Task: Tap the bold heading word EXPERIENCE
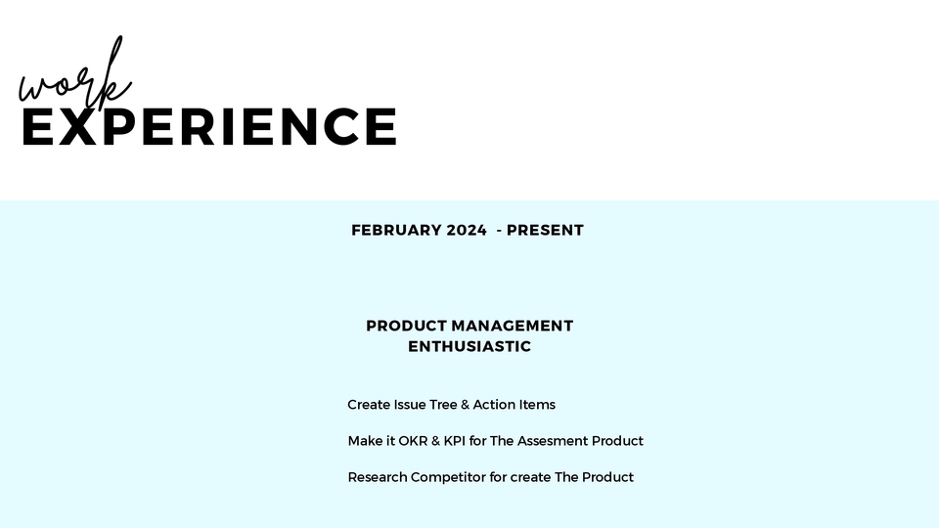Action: (x=209, y=126)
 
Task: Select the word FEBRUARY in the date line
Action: (x=396, y=231)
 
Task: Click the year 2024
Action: (x=467, y=231)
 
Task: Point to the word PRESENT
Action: (x=545, y=231)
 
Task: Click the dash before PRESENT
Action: (x=500, y=231)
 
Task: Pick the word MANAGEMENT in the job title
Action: (x=512, y=326)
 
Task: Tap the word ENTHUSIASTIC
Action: (x=469, y=346)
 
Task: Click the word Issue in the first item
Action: (x=410, y=405)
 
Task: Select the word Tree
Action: (x=443, y=405)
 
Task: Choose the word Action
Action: (x=494, y=405)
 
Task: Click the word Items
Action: (x=537, y=405)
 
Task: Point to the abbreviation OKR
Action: (x=413, y=441)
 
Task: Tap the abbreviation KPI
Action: (x=455, y=441)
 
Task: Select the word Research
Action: (x=378, y=478)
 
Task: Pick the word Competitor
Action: (x=449, y=478)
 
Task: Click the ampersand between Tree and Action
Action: (x=466, y=405)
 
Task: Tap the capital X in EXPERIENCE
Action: (x=78, y=126)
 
